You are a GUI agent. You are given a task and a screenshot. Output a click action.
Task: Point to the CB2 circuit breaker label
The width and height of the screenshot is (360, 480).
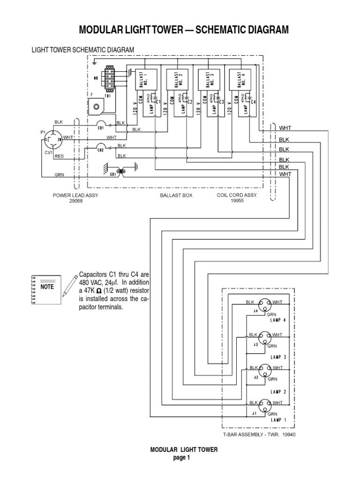(x=100, y=150)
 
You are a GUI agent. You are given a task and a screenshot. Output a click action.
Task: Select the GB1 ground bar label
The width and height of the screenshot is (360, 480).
(x=113, y=174)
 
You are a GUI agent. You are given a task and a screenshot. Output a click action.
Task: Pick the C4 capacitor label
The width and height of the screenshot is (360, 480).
(x=253, y=102)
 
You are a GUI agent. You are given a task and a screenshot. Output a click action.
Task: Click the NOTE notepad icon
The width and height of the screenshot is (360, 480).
(x=45, y=286)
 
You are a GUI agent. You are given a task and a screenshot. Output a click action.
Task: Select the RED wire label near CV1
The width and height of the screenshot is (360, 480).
(x=59, y=157)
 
